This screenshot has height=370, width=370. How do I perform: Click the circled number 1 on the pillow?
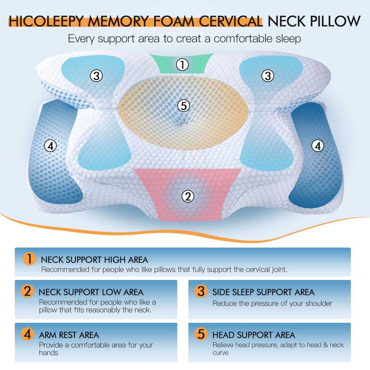(182, 65)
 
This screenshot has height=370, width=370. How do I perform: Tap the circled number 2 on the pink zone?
(188, 196)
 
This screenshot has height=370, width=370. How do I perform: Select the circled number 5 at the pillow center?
(184, 106)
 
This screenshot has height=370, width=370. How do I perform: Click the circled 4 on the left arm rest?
(51, 146)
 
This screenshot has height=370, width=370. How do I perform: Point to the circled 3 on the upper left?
(97, 76)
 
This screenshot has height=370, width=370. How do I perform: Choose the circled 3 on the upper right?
(268, 76)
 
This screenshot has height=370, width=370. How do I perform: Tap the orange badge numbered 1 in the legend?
(29, 259)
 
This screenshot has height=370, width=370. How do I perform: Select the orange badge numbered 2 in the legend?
(27, 291)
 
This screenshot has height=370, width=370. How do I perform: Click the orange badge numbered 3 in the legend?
(201, 291)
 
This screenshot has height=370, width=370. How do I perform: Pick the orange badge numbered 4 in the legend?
(27, 334)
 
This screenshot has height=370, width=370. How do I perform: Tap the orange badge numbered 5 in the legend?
(201, 334)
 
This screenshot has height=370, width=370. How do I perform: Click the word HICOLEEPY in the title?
(46, 22)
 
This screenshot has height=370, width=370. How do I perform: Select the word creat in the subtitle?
(193, 39)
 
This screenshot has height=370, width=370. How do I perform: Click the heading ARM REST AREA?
(69, 335)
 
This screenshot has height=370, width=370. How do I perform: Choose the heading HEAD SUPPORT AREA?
(254, 335)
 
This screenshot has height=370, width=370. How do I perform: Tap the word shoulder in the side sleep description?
(319, 303)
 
